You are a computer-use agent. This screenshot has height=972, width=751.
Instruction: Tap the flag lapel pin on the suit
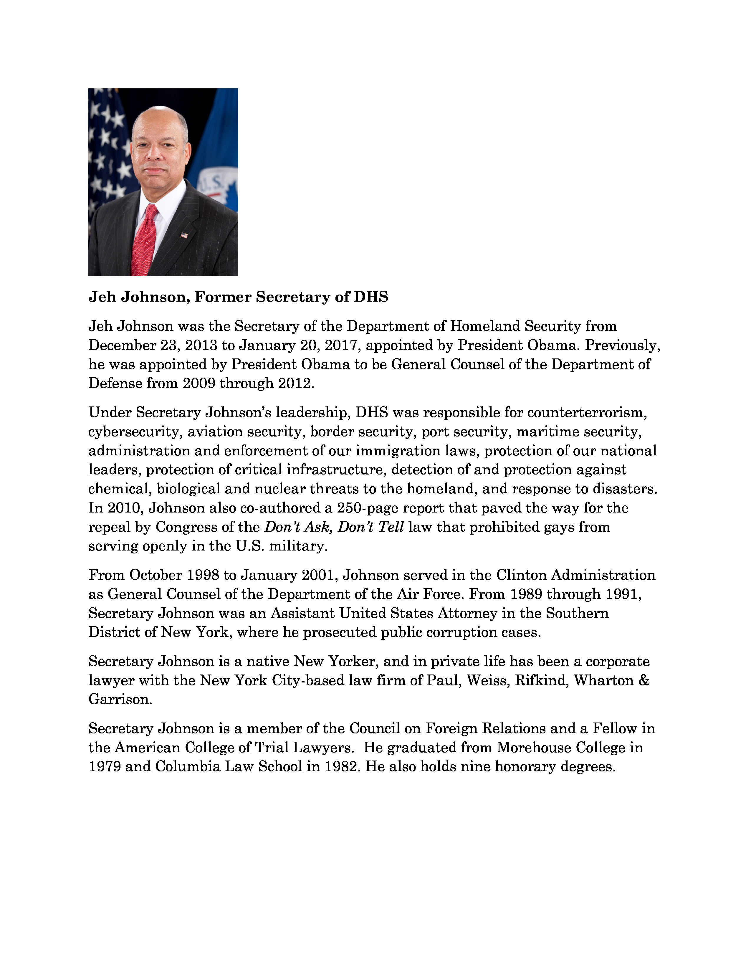point(184,235)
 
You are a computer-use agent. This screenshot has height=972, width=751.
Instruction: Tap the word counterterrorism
point(587,413)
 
